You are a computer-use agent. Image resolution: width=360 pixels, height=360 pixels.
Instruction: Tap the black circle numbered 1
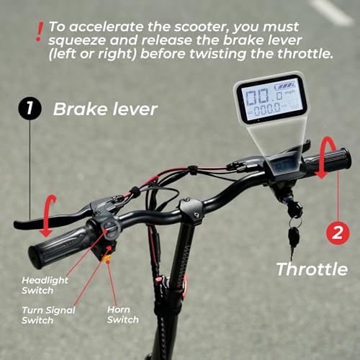29,110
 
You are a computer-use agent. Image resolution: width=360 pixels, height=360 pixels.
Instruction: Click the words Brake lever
105,110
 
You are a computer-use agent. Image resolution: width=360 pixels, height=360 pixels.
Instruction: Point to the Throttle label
312,269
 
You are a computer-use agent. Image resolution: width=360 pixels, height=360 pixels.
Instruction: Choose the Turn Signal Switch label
37,315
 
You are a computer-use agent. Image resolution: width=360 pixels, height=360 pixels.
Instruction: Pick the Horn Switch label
123,314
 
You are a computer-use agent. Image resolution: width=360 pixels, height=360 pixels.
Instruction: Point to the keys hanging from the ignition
294,234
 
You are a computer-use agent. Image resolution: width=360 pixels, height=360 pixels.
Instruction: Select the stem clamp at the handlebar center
190,209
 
